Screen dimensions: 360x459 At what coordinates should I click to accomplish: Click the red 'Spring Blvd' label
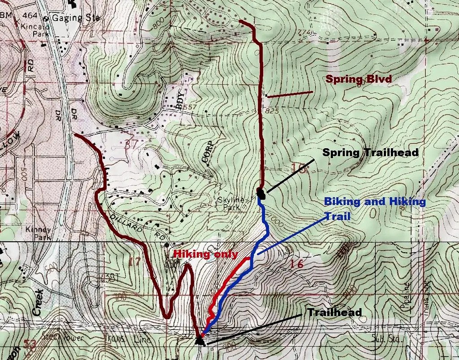(359, 79)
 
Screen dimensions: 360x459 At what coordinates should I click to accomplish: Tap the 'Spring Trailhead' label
(370, 153)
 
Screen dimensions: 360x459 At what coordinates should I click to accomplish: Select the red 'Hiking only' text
(205, 254)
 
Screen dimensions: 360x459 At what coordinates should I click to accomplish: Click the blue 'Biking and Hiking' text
(375, 201)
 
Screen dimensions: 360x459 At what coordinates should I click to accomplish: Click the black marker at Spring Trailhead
(261, 193)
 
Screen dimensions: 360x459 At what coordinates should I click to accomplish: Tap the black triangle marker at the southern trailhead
(199, 341)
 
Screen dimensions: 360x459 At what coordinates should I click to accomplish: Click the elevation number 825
(272, 110)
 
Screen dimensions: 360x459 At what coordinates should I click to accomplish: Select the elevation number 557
(191, 107)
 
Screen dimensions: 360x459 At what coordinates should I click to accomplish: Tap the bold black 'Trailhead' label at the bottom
(334, 312)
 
